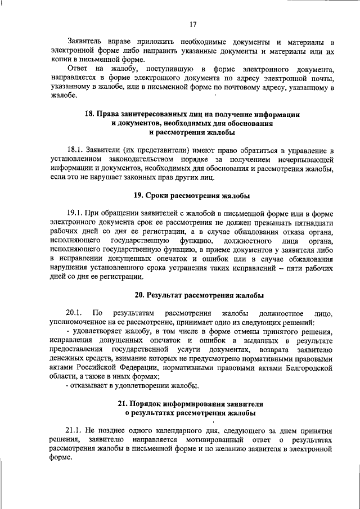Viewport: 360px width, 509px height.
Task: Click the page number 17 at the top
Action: tap(192, 24)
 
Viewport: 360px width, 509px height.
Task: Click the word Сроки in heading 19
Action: tap(161, 195)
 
